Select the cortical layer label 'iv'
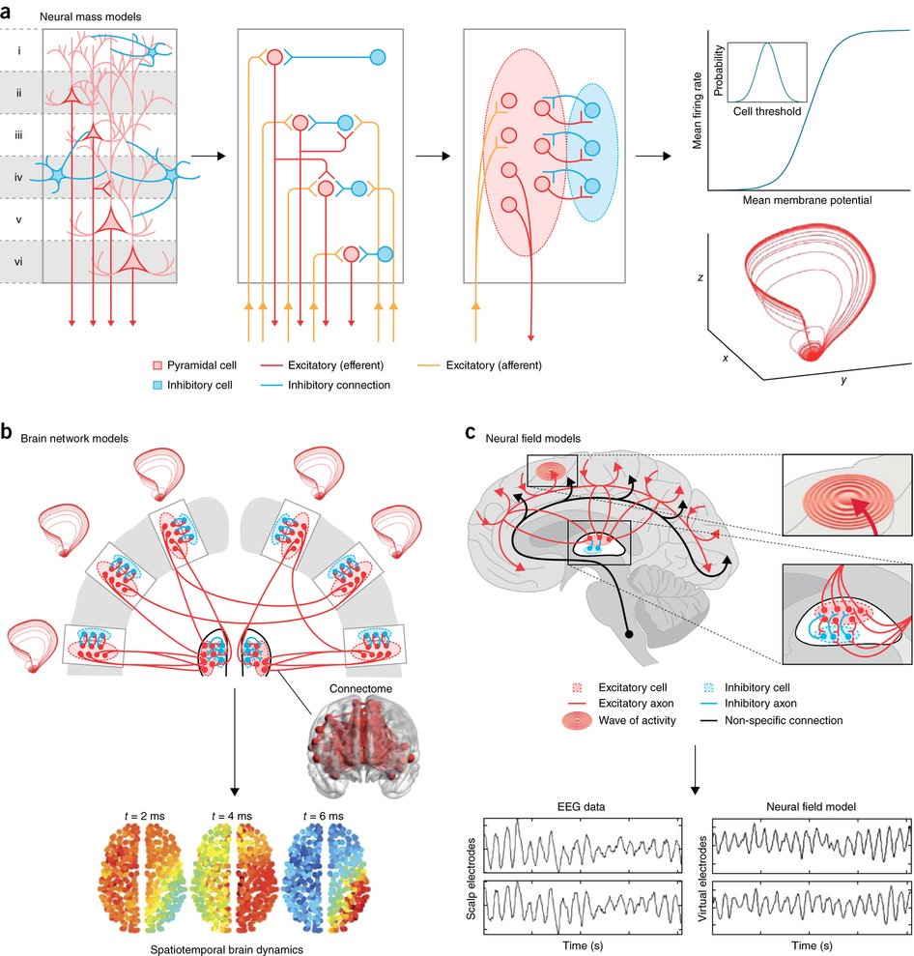point(21,178)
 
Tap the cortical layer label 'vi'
point(21,262)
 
